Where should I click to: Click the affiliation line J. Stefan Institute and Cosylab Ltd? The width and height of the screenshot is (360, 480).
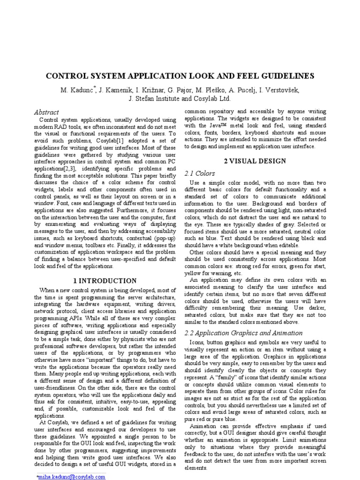pyautogui.click(x=180, y=99)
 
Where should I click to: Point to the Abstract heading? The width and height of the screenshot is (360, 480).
pyautogui.click(x=46, y=112)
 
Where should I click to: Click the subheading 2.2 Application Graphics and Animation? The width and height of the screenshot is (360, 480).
pyautogui.click(x=243, y=333)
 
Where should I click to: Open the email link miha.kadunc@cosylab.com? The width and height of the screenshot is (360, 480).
pyautogui.click(x=72, y=476)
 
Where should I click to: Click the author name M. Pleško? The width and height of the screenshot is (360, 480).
pyautogui.click(x=203, y=90)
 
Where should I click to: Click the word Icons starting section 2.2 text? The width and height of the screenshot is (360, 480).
pyautogui.click(x=197, y=343)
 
